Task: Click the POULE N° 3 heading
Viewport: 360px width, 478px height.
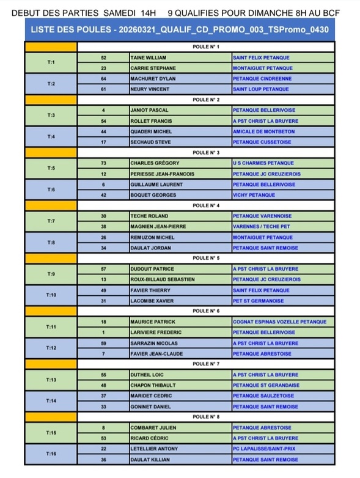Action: pyautogui.click(x=206, y=153)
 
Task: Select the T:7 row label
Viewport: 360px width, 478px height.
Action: pyautogui.click(x=51, y=221)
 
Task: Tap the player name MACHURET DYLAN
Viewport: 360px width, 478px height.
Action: pyautogui.click(x=150, y=79)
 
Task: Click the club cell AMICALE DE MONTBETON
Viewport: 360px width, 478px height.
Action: pyautogui.click(x=261, y=131)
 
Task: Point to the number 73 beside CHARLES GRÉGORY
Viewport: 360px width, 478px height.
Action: pyautogui.click(x=103, y=163)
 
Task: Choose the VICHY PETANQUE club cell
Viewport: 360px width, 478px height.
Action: pyautogui.click(x=254, y=195)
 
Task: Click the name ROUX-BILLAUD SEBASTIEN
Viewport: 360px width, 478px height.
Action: pyautogui.click(x=162, y=279)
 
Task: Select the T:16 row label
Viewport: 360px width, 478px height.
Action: pyautogui.click(x=51, y=454)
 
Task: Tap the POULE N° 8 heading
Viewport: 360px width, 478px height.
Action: pyautogui.click(x=206, y=417)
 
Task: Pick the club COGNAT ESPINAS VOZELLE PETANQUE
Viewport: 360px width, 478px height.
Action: pyautogui.click(x=279, y=322)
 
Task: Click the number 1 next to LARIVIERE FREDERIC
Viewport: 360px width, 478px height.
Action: pyautogui.click(x=103, y=333)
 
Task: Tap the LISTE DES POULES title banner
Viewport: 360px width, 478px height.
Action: pyautogui.click(x=180, y=29)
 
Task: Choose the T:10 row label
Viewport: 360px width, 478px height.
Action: pyautogui.click(x=51, y=295)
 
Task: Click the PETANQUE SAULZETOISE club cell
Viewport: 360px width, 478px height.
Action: pyautogui.click(x=263, y=395)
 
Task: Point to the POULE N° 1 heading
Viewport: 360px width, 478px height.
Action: pyautogui.click(x=206, y=47)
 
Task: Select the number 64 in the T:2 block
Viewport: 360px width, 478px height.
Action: pyautogui.click(x=103, y=79)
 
